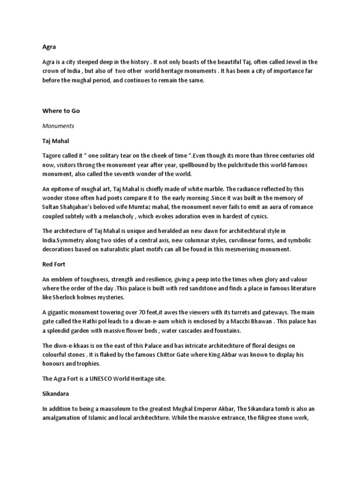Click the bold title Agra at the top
click(49, 47)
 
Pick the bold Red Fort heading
click(53, 264)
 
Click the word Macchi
click(247, 322)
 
